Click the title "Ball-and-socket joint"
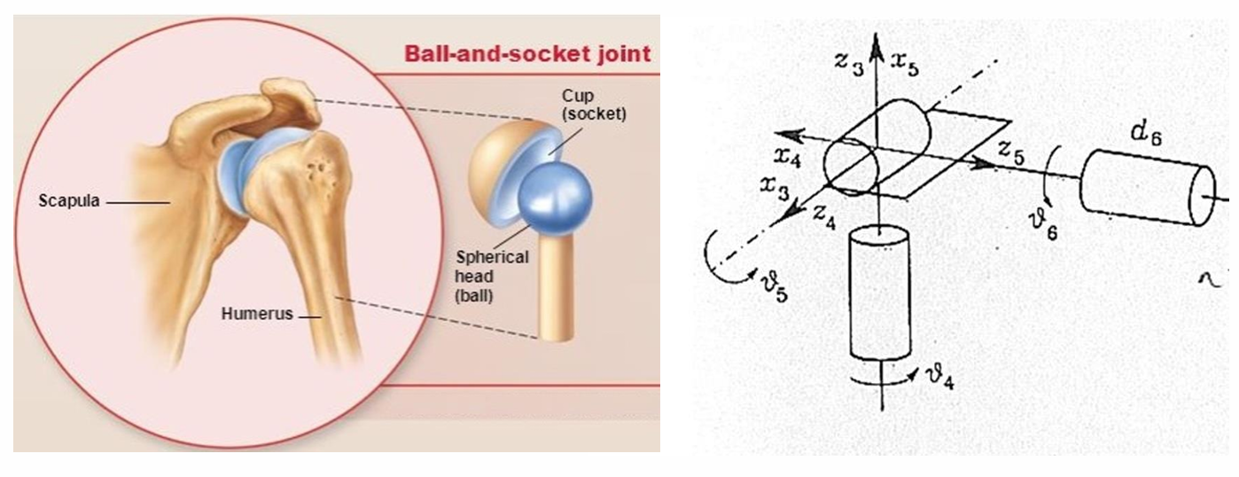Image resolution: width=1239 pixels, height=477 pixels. click(x=527, y=53)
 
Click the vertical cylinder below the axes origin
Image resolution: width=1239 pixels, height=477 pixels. click(x=879, y=293)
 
